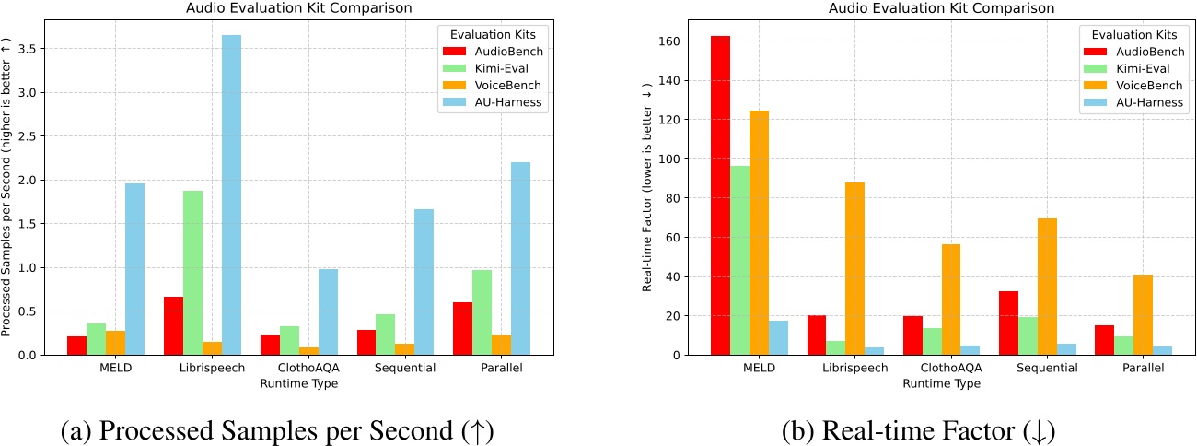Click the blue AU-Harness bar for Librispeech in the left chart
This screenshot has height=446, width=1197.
coord(231,195)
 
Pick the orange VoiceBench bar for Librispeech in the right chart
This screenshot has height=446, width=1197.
coord(854,268)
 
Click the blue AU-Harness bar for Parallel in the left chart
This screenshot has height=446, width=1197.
coord(520,259)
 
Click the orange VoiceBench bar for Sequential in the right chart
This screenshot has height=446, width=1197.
coord(1047,287)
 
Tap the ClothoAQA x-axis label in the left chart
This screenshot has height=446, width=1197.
coord(309,369)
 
